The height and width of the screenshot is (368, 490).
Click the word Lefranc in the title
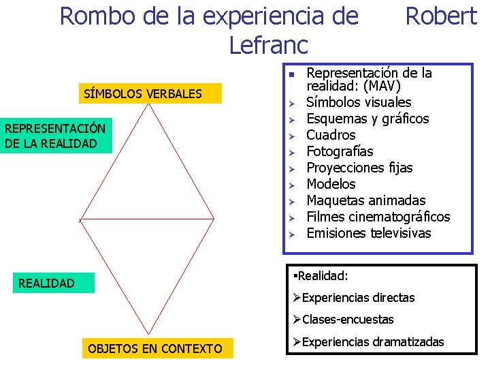point(269,45)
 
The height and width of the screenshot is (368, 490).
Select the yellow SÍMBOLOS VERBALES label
point(143,93)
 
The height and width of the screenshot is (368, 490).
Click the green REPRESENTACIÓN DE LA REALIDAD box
point(56,136)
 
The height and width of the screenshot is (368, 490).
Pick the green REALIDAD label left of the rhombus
point(47,283)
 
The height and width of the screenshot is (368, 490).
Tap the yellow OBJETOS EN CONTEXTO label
point(155,349)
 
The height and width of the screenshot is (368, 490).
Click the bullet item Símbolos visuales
point(359,102)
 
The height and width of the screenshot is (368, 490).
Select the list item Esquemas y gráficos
point(367,119)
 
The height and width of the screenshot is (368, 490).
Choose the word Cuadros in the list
point(331,135)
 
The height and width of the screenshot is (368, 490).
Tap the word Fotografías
point(340,151)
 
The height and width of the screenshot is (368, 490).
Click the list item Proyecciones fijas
point(359,168)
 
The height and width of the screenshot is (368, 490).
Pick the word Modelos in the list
point(331,184)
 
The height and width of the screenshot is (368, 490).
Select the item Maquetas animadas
point(365,200)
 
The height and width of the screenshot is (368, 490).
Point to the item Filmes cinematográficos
point(378,217)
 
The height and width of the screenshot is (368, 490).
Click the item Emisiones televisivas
point(368,233)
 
